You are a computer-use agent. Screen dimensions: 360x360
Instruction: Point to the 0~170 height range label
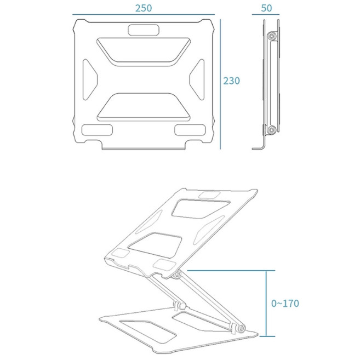285,303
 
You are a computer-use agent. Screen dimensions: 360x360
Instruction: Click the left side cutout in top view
89,79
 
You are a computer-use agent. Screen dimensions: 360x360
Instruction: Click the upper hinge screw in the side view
271,37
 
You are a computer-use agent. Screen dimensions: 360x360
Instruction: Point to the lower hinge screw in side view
271,130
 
